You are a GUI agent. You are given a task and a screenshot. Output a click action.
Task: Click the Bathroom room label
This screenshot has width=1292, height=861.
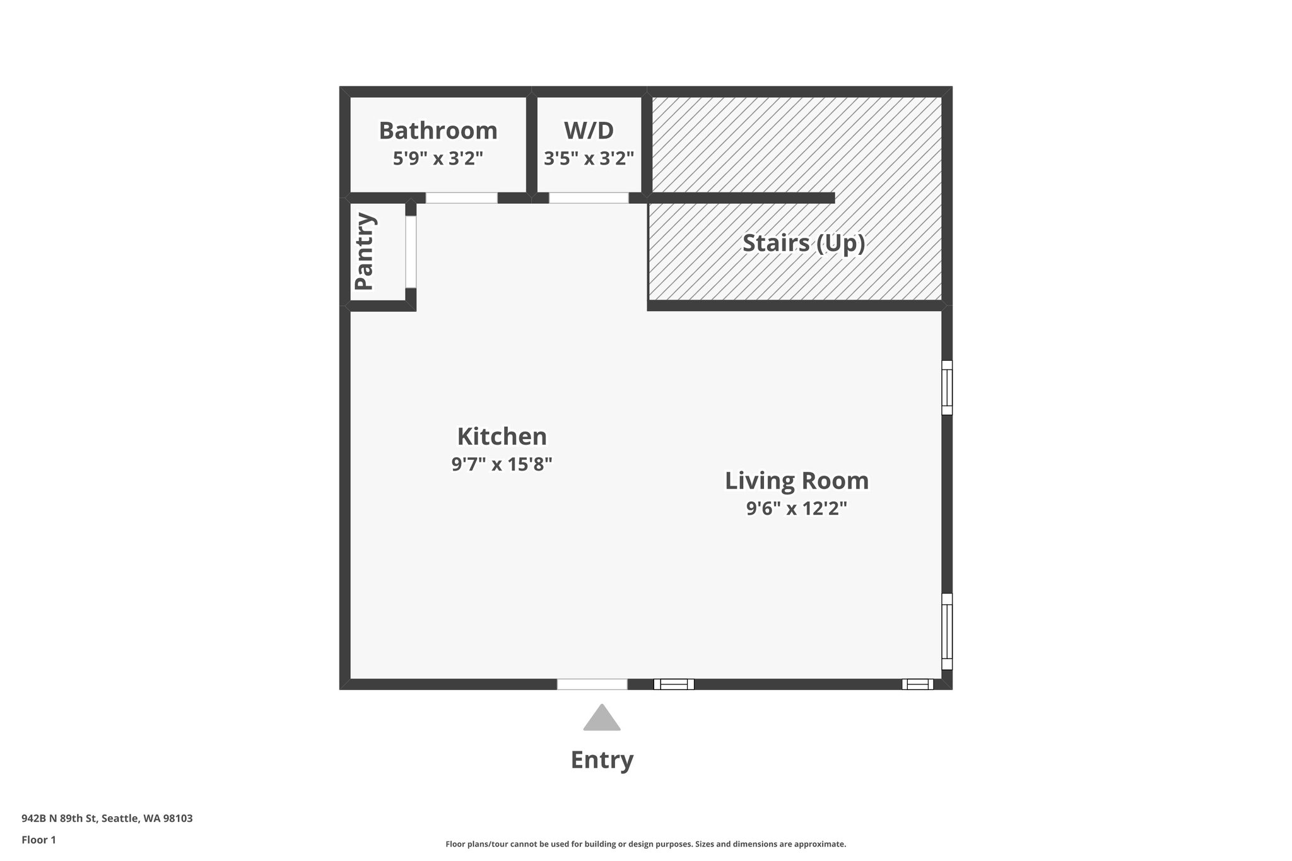click(x=438, y=131)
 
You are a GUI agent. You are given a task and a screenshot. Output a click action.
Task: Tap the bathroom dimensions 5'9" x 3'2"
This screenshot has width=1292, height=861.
click(x=438, y=158)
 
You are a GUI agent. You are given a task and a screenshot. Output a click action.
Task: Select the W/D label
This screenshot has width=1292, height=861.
click(x=589, y=131)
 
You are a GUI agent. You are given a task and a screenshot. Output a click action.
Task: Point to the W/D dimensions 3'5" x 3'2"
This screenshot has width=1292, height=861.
click(x=589, y=158)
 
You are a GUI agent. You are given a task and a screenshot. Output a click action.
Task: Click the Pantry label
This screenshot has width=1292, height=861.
click(x=365, y=252)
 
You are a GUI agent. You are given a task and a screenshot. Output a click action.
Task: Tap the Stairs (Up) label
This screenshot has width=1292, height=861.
click(x=803, y=243)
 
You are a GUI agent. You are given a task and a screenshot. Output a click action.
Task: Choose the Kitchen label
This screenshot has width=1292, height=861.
click(x=502, y=436)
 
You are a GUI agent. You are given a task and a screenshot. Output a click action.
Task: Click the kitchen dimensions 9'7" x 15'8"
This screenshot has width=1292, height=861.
click(x=502, y=465)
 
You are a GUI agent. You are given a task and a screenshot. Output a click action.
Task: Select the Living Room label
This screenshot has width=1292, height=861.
click(x=796, y=481)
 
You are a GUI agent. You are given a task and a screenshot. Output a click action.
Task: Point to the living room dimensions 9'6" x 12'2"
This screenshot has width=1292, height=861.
click(x=796, y=508)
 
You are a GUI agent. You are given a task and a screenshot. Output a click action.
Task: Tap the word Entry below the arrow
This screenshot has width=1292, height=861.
click(x=602, y=760)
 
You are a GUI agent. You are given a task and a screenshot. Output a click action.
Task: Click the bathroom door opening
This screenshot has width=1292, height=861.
click(x=461, y=198)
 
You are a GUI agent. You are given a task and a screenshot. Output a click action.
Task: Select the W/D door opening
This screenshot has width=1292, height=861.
click(x=589, y=198)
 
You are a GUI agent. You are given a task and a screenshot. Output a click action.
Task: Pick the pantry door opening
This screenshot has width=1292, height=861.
click(x=411, y=252)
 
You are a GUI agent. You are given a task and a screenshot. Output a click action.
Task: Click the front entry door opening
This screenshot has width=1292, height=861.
click(x=592, y=684)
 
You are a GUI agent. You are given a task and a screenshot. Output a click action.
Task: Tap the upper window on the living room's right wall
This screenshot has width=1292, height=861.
click(x=947, y=387)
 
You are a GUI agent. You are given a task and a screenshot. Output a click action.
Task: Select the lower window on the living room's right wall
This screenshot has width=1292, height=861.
click(x=947, y=631)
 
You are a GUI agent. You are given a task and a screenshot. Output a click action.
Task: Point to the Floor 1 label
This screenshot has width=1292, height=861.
click(x=38, y=840)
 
